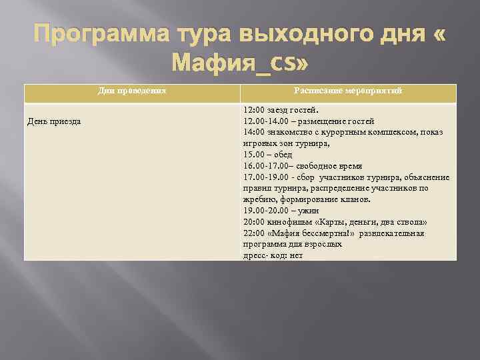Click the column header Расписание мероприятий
(348, 91)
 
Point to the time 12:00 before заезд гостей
(254, 110)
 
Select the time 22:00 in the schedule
(254, 233)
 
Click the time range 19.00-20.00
(265, 211)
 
